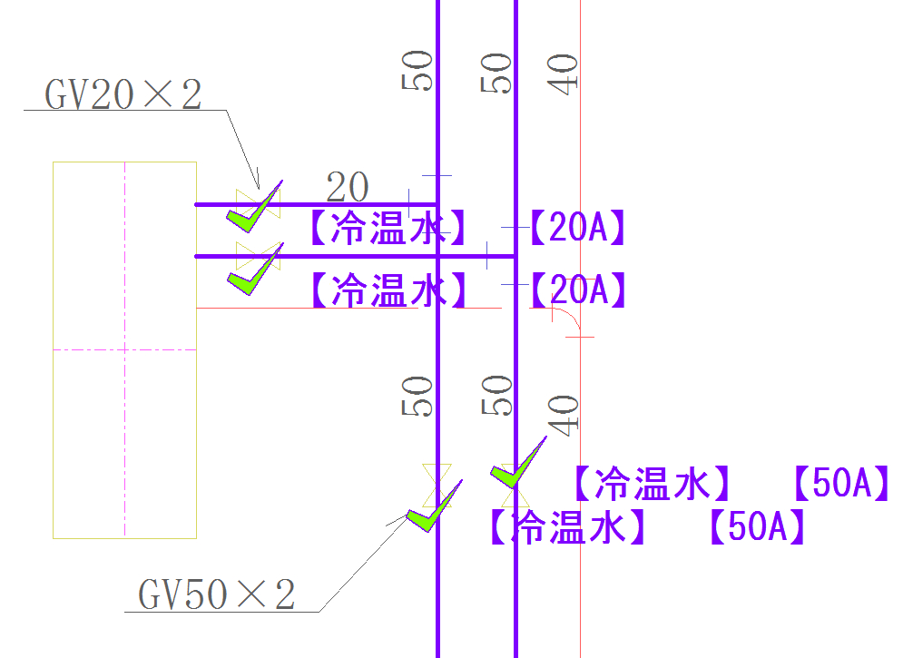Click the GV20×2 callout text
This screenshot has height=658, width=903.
tap(123, 94)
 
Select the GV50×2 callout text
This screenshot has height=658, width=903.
tap(217, 595)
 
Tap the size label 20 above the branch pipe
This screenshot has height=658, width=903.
tap(348, 188)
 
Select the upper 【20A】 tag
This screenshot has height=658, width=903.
tap(578, 229)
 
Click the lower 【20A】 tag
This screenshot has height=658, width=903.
tap(578, 290)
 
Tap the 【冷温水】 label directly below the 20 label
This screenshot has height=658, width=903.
tap(388, 229)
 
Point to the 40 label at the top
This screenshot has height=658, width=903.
tap(564, 74)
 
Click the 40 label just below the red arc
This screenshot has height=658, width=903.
tap(564, 414)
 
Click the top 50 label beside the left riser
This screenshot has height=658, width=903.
tap(418, 71)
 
